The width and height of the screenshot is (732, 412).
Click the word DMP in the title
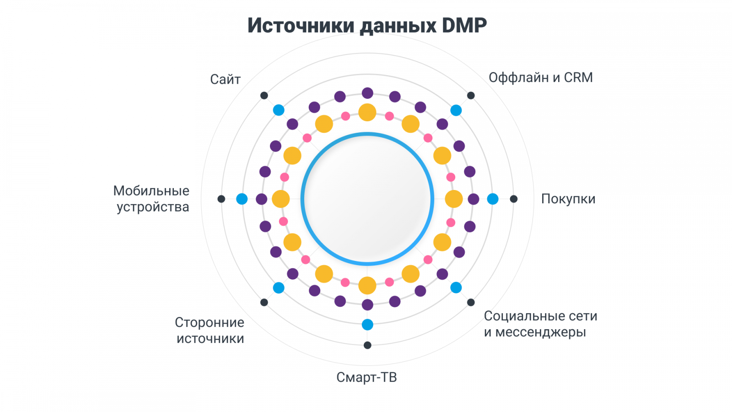pos(464,25)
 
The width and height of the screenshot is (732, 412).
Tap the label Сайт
pos(225,80)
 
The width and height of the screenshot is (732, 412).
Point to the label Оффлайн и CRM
pos(540,77)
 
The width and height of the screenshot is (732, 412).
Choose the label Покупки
pos(568,199)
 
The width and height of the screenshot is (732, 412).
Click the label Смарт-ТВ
pos(366,377)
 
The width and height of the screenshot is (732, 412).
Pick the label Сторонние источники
pos(210,331)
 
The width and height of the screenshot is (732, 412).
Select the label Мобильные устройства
pos(151,199)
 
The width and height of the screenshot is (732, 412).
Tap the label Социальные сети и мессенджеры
pos(540,324)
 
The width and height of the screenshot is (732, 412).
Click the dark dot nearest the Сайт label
pos(264,95)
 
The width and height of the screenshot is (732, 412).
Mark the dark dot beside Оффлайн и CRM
pos(471,95)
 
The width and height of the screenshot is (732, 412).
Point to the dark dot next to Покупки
pos(514,199)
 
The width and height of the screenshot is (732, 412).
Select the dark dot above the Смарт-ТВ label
pos(367,345)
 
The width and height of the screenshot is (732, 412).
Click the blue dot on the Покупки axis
pos(493,199)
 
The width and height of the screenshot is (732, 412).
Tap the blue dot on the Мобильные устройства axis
pos(242,199)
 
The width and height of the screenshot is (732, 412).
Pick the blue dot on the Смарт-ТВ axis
pos(367,325)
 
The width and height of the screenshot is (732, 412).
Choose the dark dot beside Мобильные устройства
pos(221,199)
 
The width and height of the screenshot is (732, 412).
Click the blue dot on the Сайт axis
pos(279,110)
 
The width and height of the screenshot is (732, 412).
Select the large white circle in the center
pos(367,199)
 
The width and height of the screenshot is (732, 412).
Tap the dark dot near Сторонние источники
pos(264,302)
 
